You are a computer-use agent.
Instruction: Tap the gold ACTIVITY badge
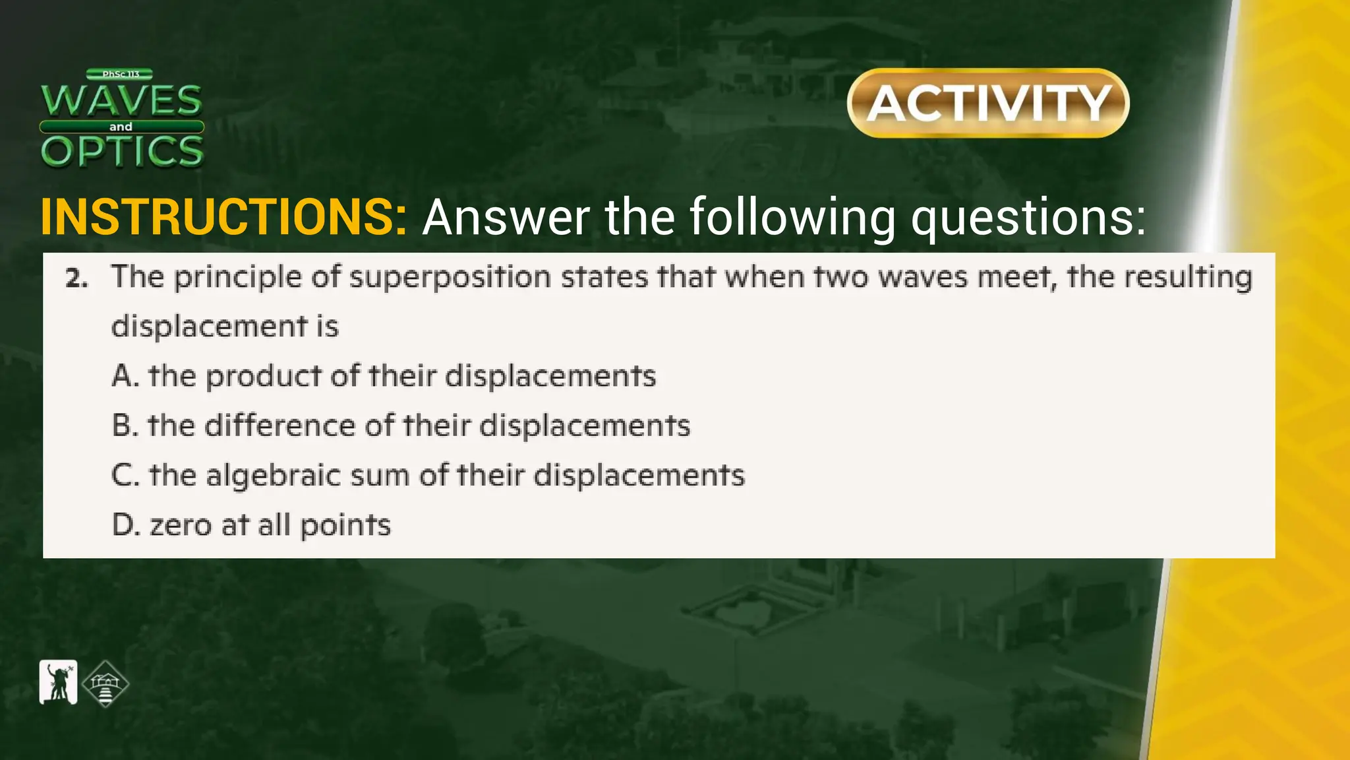pos(988,103)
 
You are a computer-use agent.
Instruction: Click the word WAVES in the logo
pos(121,100)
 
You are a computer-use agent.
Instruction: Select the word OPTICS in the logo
pos(122,151)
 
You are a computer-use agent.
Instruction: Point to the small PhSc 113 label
pos(120,75)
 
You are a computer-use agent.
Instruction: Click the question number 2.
pos(76,279)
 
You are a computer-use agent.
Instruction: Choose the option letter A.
pos(123,376)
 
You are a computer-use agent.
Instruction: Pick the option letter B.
pos(123,426)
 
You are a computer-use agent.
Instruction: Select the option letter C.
pos(123,475)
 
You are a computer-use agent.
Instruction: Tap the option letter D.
pos(123,525)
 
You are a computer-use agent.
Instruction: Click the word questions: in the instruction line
pos(1028,218)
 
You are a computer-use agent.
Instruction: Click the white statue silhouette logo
pos(58,682)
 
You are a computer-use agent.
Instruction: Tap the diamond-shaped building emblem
pos(105,684)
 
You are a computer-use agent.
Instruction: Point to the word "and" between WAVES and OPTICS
pos(121,127)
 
